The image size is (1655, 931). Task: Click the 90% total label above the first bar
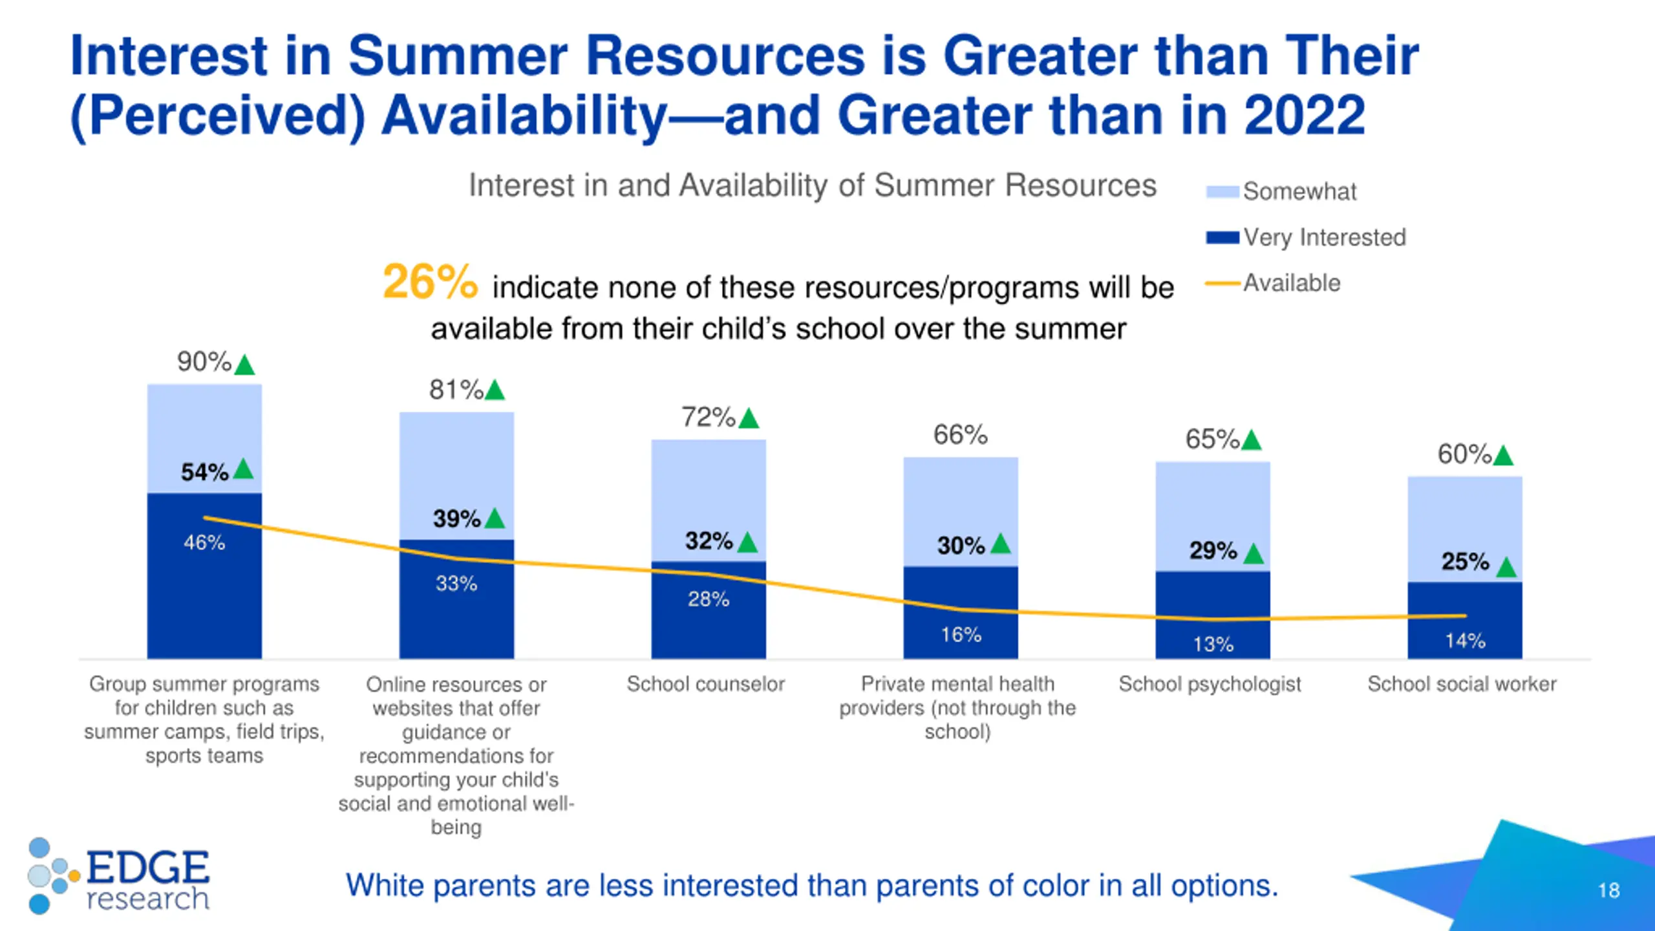click(204, 362)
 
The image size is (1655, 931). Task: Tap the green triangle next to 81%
click(495, 391)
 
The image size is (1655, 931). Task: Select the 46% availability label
click(204, 542)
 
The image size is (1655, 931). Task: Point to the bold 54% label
click(204, 472)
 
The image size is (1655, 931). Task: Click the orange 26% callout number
click(430, 283)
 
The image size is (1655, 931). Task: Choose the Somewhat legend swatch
click(1222, 192)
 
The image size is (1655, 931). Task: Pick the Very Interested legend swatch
click(1222, 238)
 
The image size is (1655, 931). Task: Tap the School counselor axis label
click(706, 684)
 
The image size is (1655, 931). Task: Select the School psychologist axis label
click(1210, 684)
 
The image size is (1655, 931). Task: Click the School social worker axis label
click(1462, 684)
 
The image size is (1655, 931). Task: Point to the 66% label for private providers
click(961, 435)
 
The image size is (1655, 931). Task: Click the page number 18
click(1609, 890)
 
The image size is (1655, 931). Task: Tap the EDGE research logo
click(120, 876)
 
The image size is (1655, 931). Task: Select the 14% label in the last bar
click(1466, 641)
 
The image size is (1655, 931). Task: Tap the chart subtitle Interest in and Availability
click(812, 186)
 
